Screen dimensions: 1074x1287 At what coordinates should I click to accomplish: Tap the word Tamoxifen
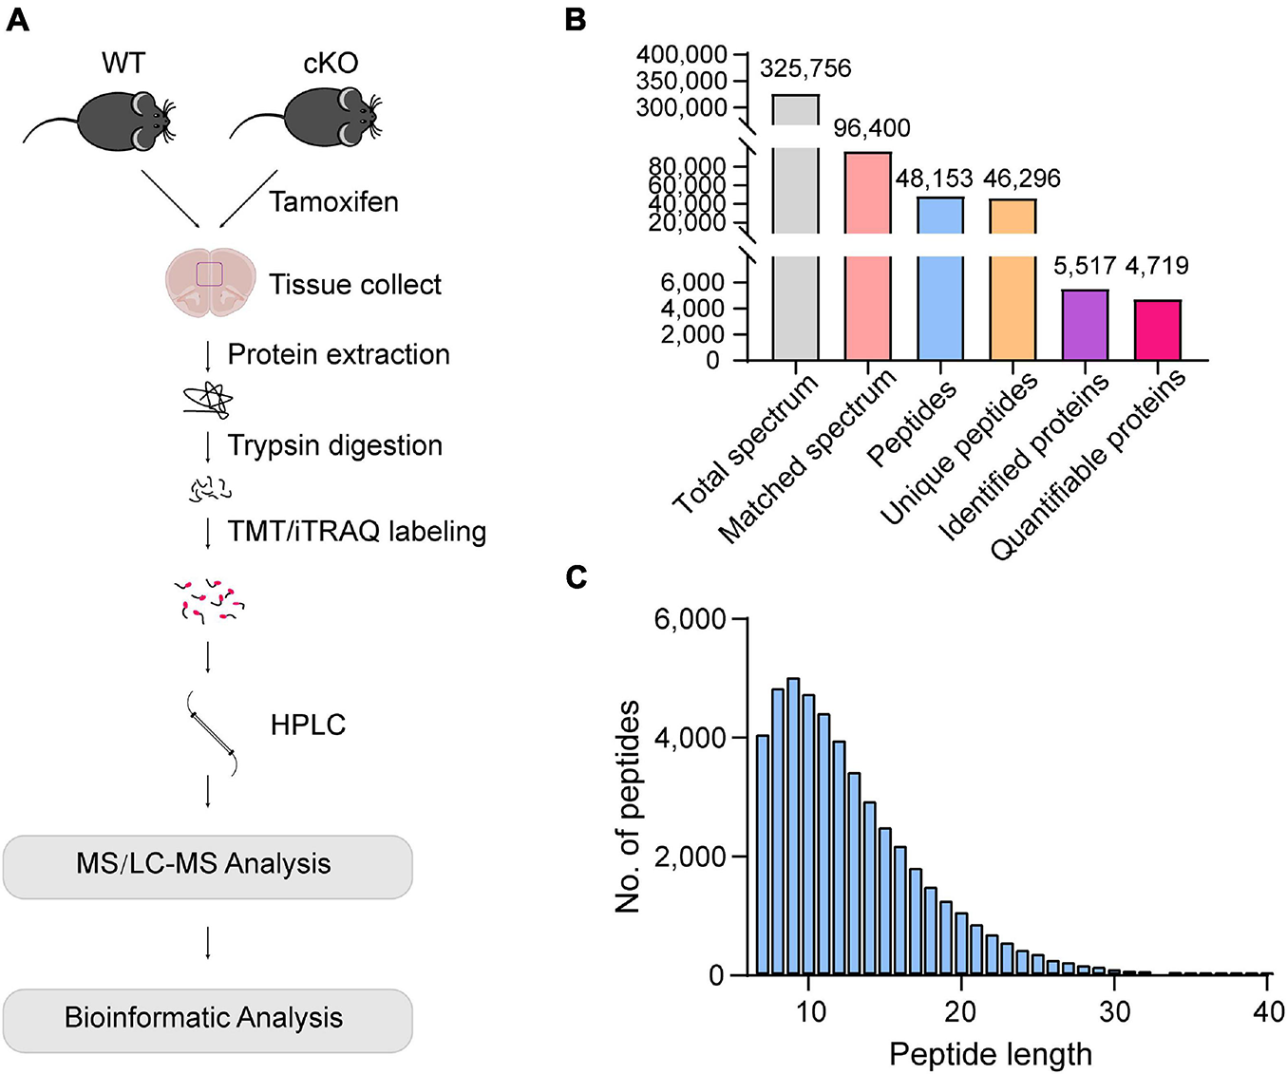point(333,201)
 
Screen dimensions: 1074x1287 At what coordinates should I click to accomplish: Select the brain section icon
point(210,282)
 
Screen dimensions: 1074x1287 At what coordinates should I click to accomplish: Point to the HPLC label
point(308,725)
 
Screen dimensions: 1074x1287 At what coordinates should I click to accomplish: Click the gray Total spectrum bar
point(796,228)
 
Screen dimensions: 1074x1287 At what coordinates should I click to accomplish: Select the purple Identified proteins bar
point(1085,325)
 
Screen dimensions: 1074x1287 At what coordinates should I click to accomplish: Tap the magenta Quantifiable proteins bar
point(1158,330)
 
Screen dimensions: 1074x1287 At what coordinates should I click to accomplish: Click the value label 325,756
point(805,68)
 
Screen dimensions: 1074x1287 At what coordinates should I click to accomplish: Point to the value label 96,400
point(871,128)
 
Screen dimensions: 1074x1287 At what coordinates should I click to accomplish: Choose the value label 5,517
point(1085,266)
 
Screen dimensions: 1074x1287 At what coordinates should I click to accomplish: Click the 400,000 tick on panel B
point(682,55)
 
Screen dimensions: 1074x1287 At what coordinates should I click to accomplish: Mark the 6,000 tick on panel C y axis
point(690,620)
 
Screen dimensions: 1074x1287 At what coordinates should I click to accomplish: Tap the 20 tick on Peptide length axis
point(960,1012)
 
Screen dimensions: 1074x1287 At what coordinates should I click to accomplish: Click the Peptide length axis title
point(990,1054)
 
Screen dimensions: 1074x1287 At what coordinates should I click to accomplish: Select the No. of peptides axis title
point(628,806)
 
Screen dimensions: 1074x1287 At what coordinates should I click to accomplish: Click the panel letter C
point(576,576)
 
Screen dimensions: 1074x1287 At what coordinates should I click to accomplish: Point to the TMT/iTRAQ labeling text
point(356,531)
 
